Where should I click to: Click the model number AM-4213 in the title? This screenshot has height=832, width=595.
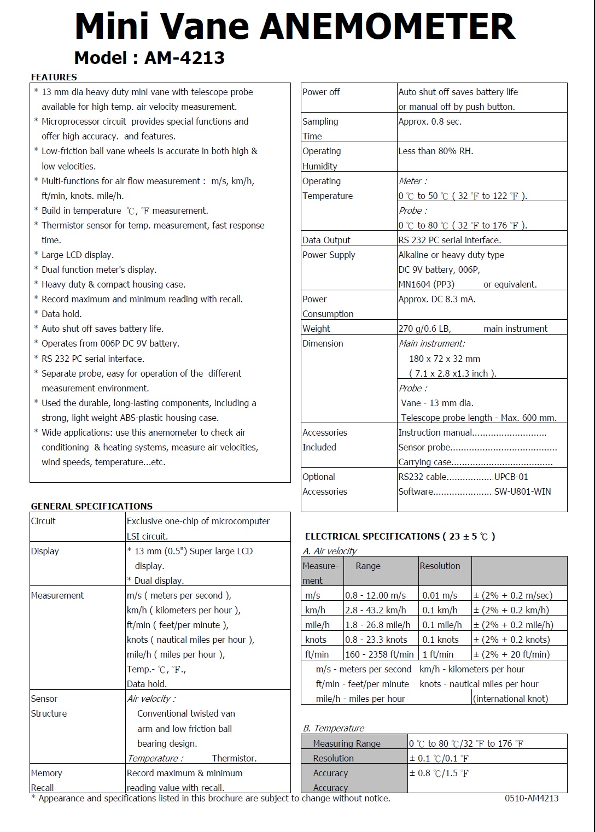coord(184,57)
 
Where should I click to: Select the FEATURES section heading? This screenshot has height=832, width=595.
coord(54,77)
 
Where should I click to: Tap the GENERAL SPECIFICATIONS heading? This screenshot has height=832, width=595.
coord(91,506)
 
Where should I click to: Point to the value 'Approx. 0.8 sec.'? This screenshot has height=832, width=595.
coord(430,121)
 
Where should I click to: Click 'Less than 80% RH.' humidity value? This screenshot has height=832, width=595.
coord(436,151)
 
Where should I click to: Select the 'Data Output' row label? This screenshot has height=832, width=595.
coord(326,240)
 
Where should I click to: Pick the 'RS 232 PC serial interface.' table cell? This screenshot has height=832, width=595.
coord(450,240)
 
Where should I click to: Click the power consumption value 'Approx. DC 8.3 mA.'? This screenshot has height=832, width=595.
coord(437,299)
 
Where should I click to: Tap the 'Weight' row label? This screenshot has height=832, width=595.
coord(316,329)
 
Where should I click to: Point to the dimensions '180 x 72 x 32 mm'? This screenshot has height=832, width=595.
coord(445,359)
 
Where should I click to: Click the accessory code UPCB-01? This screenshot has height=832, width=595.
coord(511,477)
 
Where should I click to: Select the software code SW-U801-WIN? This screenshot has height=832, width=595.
coord(522,491)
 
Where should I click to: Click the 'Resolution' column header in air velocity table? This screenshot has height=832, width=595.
coord(440,566)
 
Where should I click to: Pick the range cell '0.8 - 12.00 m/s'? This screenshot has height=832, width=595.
coord(375,595)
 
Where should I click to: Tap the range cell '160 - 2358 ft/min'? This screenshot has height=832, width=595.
coord(379,654)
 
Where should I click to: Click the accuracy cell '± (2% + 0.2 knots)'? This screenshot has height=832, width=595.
coord(511,640)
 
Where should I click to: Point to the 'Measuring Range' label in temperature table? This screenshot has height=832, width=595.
coord(346,743)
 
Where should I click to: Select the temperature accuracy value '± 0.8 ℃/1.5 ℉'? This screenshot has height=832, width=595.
coord(439,773)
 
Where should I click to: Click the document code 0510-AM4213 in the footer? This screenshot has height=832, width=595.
coord(532,798)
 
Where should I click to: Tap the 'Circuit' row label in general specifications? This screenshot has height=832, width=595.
coord(43,521)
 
